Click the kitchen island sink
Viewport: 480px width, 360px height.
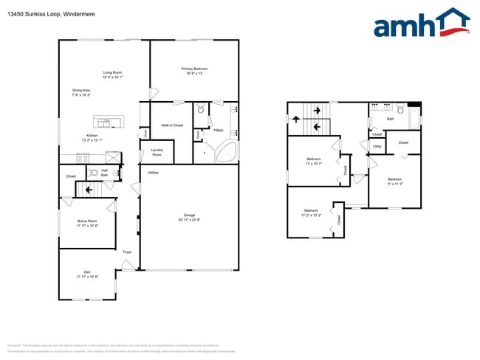(105, 122)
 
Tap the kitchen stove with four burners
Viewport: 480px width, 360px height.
(83, 157)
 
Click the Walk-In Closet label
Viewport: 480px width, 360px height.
(172, 125)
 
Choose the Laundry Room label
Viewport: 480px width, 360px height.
(157, 152)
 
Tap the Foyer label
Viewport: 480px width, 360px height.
(127, 252)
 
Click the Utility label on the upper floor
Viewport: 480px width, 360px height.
(377, 146)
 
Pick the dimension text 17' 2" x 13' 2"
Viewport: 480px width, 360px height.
(310, 215)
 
